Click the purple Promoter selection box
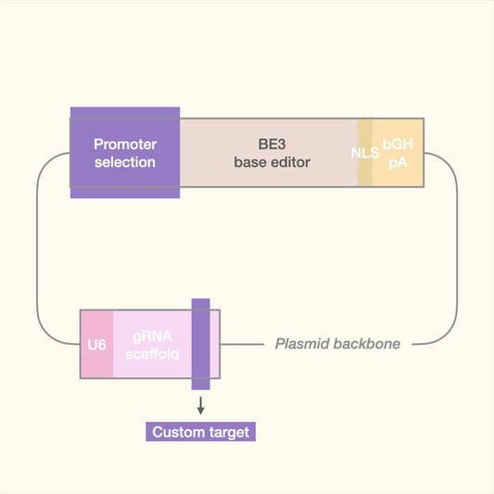[125, 153]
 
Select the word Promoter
[125, 145]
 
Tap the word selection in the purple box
[125, 162]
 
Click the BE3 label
[271, 145]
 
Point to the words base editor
[271, 162]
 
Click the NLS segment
[365, 153]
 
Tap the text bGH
[398, 145]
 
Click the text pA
[398, 162]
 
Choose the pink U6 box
[96, 345]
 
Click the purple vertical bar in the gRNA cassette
[200, 345]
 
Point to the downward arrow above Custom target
[200, 406]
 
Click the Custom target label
[200, 432]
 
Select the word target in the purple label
[228, 432]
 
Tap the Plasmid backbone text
[337, 344]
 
